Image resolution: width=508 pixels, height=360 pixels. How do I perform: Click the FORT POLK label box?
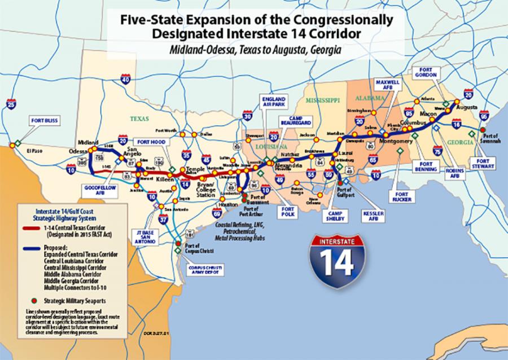[x=287, y=212]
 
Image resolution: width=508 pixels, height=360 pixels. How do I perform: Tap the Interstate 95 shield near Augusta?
[x=483, y=116]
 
